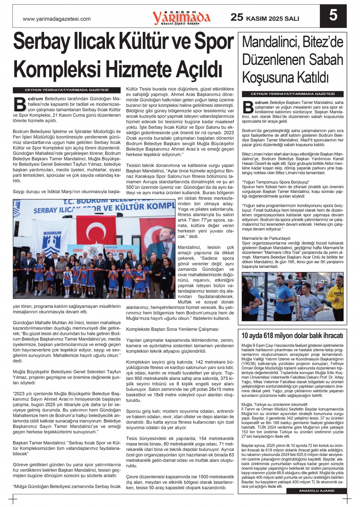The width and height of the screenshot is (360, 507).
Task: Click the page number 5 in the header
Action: (x=333, y=15)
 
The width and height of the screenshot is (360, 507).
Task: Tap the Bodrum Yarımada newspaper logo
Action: (x=181, y=17)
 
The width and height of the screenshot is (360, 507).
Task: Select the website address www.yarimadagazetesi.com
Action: (x=56, y=19)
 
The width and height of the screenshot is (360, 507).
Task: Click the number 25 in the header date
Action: (x=237, y=17)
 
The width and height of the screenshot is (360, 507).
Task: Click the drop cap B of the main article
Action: (x=19, y=104)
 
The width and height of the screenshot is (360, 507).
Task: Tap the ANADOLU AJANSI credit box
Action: (x=317, y=491)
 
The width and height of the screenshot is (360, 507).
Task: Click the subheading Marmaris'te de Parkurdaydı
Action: (x=266, y=238)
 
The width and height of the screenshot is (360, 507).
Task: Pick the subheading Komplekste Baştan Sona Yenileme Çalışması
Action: (x=172, y=329)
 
